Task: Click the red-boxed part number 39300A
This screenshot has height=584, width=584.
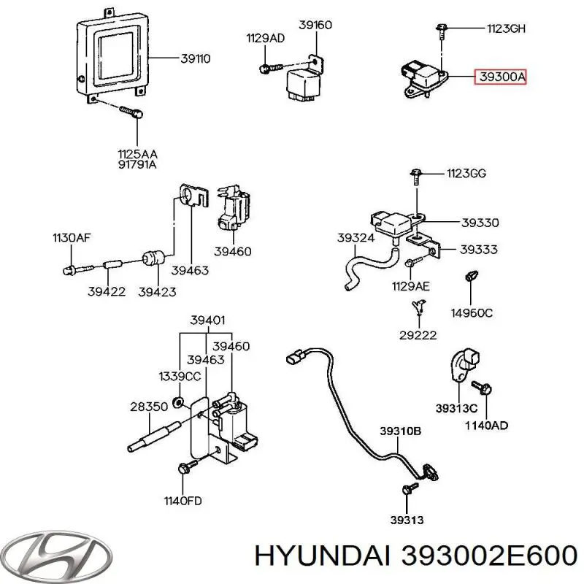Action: [500, 76]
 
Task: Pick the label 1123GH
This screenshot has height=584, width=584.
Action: [506, 29]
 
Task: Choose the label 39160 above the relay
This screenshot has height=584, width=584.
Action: [315, 26]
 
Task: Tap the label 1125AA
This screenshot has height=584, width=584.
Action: [137, 154]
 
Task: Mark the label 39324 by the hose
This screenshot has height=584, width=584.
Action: [356, 238]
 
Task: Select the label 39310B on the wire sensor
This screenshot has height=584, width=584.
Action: [399, 431]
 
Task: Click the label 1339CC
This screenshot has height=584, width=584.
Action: [179, 376]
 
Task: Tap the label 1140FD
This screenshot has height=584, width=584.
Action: [182, 501]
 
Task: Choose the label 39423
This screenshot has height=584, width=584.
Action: [157, 291]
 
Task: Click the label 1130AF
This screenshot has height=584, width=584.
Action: [71, 237]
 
